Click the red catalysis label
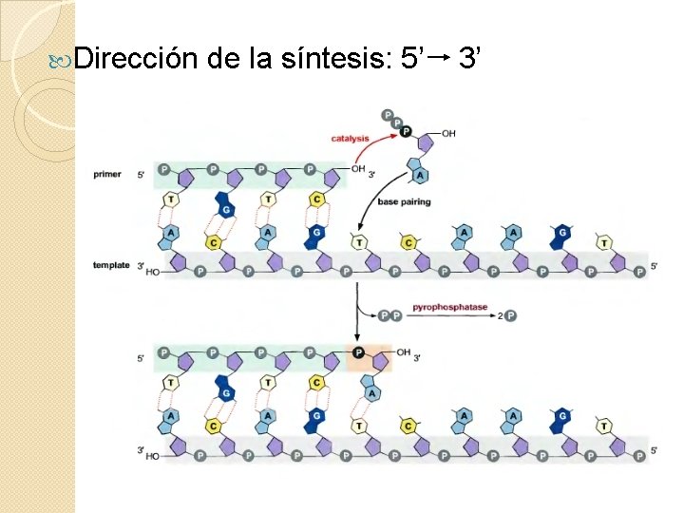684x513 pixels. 350,139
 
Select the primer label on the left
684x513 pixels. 107,174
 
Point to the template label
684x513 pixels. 111,265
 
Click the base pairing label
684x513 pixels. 404,202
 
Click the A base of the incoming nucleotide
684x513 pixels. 419,175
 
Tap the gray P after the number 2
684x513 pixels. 511,315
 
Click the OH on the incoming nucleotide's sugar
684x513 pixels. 448,134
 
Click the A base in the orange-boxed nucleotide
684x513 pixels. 372,392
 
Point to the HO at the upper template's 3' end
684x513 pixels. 153,272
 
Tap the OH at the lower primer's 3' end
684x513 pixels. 403,353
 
